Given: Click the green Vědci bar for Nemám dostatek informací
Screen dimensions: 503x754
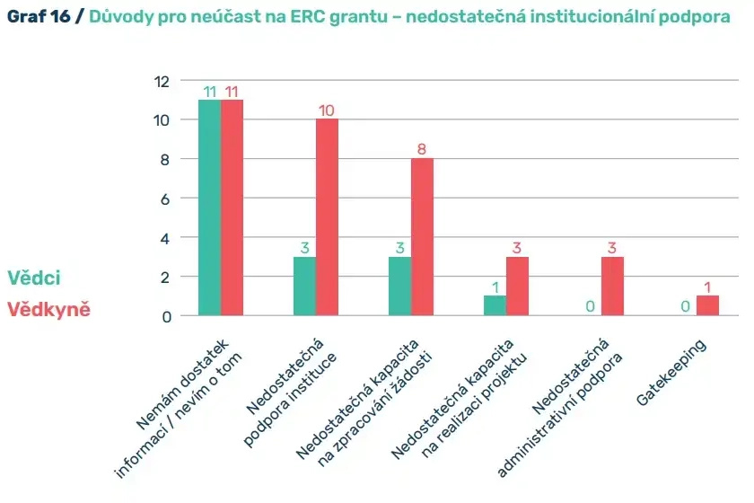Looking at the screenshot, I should pos(209,207).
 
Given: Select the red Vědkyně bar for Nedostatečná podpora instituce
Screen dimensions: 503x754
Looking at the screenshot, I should pos(327,217).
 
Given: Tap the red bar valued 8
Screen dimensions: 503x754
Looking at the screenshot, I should pos(422,237).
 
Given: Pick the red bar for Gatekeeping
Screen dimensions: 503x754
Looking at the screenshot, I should pos(707,305).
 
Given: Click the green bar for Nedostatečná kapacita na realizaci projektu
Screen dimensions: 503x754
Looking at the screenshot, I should pos(495,305).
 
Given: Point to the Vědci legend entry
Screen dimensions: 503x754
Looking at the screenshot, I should pos(34,278).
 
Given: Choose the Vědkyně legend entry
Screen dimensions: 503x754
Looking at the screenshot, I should pos(48,310).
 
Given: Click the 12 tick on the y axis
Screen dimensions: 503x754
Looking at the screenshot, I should pos(162,81).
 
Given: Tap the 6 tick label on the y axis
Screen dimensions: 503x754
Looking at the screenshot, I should pos(164,199).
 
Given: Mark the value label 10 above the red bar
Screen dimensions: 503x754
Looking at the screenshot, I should pos(327,110).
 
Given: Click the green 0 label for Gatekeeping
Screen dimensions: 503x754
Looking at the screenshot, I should pos(685,306).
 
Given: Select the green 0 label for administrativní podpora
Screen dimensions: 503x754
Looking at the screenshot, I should pos(590,306).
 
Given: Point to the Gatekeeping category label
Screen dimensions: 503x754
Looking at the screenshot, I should pos(671,374).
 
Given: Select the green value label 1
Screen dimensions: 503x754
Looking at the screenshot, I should pos(495,287).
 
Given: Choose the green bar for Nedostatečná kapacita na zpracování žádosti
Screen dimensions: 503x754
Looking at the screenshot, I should pos(399,286).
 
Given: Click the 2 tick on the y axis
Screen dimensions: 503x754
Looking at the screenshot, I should pos(164,277).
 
